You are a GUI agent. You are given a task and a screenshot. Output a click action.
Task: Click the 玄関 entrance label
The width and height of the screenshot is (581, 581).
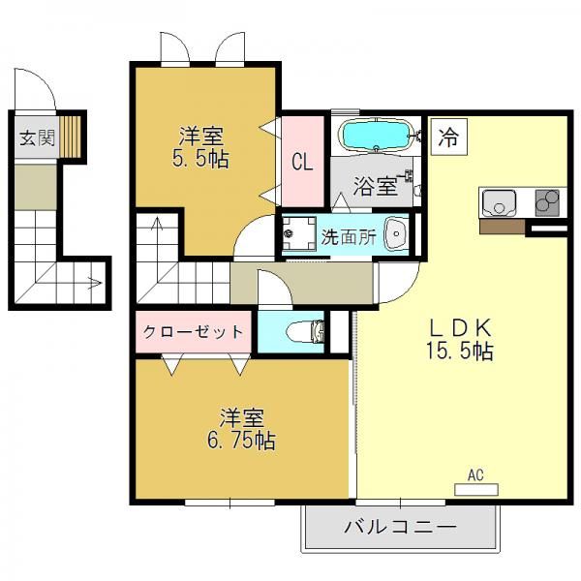coord(37,138)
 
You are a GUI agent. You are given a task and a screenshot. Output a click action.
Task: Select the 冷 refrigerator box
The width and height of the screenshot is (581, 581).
coord(448,137)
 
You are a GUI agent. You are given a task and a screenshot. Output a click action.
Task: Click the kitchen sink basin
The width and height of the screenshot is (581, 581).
coord(498,203)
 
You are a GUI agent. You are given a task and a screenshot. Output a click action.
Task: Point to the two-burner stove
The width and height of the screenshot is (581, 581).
coord(547,202)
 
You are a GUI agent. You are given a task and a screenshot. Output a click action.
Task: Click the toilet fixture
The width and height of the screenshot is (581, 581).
coord(306,331)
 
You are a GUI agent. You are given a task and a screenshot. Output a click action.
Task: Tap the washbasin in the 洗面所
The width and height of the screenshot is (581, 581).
coord(396,234)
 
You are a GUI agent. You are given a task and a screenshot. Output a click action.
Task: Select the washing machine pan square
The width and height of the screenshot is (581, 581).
coord(299,234)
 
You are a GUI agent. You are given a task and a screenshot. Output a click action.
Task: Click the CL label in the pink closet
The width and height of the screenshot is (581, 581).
coord(302,162)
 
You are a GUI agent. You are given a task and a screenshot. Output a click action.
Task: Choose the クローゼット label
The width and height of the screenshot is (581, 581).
coord(193,331)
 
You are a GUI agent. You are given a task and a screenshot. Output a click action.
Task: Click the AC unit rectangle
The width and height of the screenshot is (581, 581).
coord(476,489)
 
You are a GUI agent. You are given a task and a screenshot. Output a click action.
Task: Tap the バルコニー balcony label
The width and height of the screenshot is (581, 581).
coord(400,527)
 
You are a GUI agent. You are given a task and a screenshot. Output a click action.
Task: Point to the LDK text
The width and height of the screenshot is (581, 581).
coord(460,327)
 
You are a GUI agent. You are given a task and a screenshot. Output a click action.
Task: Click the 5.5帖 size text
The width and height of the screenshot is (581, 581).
coord(200,160)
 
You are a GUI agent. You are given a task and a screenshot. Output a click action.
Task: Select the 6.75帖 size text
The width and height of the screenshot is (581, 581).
coord(241,441)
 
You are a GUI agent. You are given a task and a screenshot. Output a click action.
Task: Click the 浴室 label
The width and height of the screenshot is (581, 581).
coord(375,186)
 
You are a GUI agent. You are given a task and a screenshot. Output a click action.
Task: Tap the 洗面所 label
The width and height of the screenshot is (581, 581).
coord(349,237)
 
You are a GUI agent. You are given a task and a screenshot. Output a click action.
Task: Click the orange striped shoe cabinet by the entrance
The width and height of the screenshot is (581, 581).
coord(70,137)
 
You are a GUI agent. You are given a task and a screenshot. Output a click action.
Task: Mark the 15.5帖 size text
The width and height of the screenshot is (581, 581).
coord(459,351)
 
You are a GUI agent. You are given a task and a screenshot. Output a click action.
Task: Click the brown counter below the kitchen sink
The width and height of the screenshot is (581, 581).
coord(503,227)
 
